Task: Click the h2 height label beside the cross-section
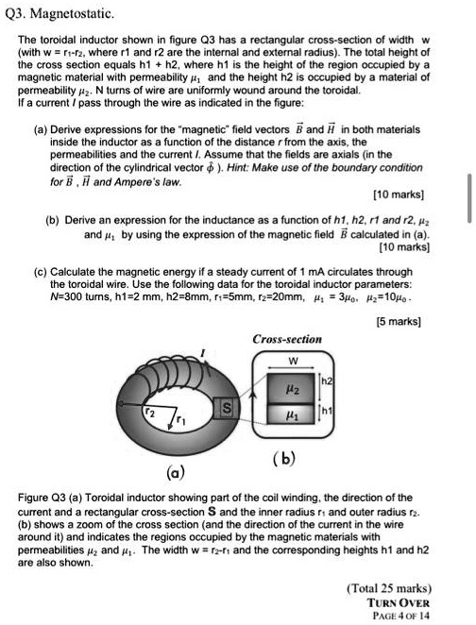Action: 330,381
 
